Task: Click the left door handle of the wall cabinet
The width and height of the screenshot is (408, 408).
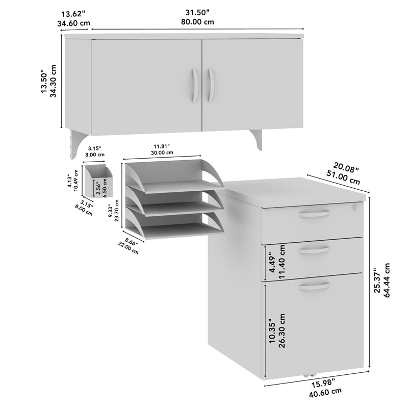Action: pos(194,85)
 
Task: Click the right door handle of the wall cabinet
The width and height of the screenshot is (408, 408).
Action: pos(211,85)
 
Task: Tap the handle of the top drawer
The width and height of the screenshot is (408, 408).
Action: pos(314,213)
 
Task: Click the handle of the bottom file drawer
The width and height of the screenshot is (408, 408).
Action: pos(314,285)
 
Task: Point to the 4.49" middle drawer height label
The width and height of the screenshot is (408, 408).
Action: pos(272,260)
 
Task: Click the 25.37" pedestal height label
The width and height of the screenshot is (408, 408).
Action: pos(377,281)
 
